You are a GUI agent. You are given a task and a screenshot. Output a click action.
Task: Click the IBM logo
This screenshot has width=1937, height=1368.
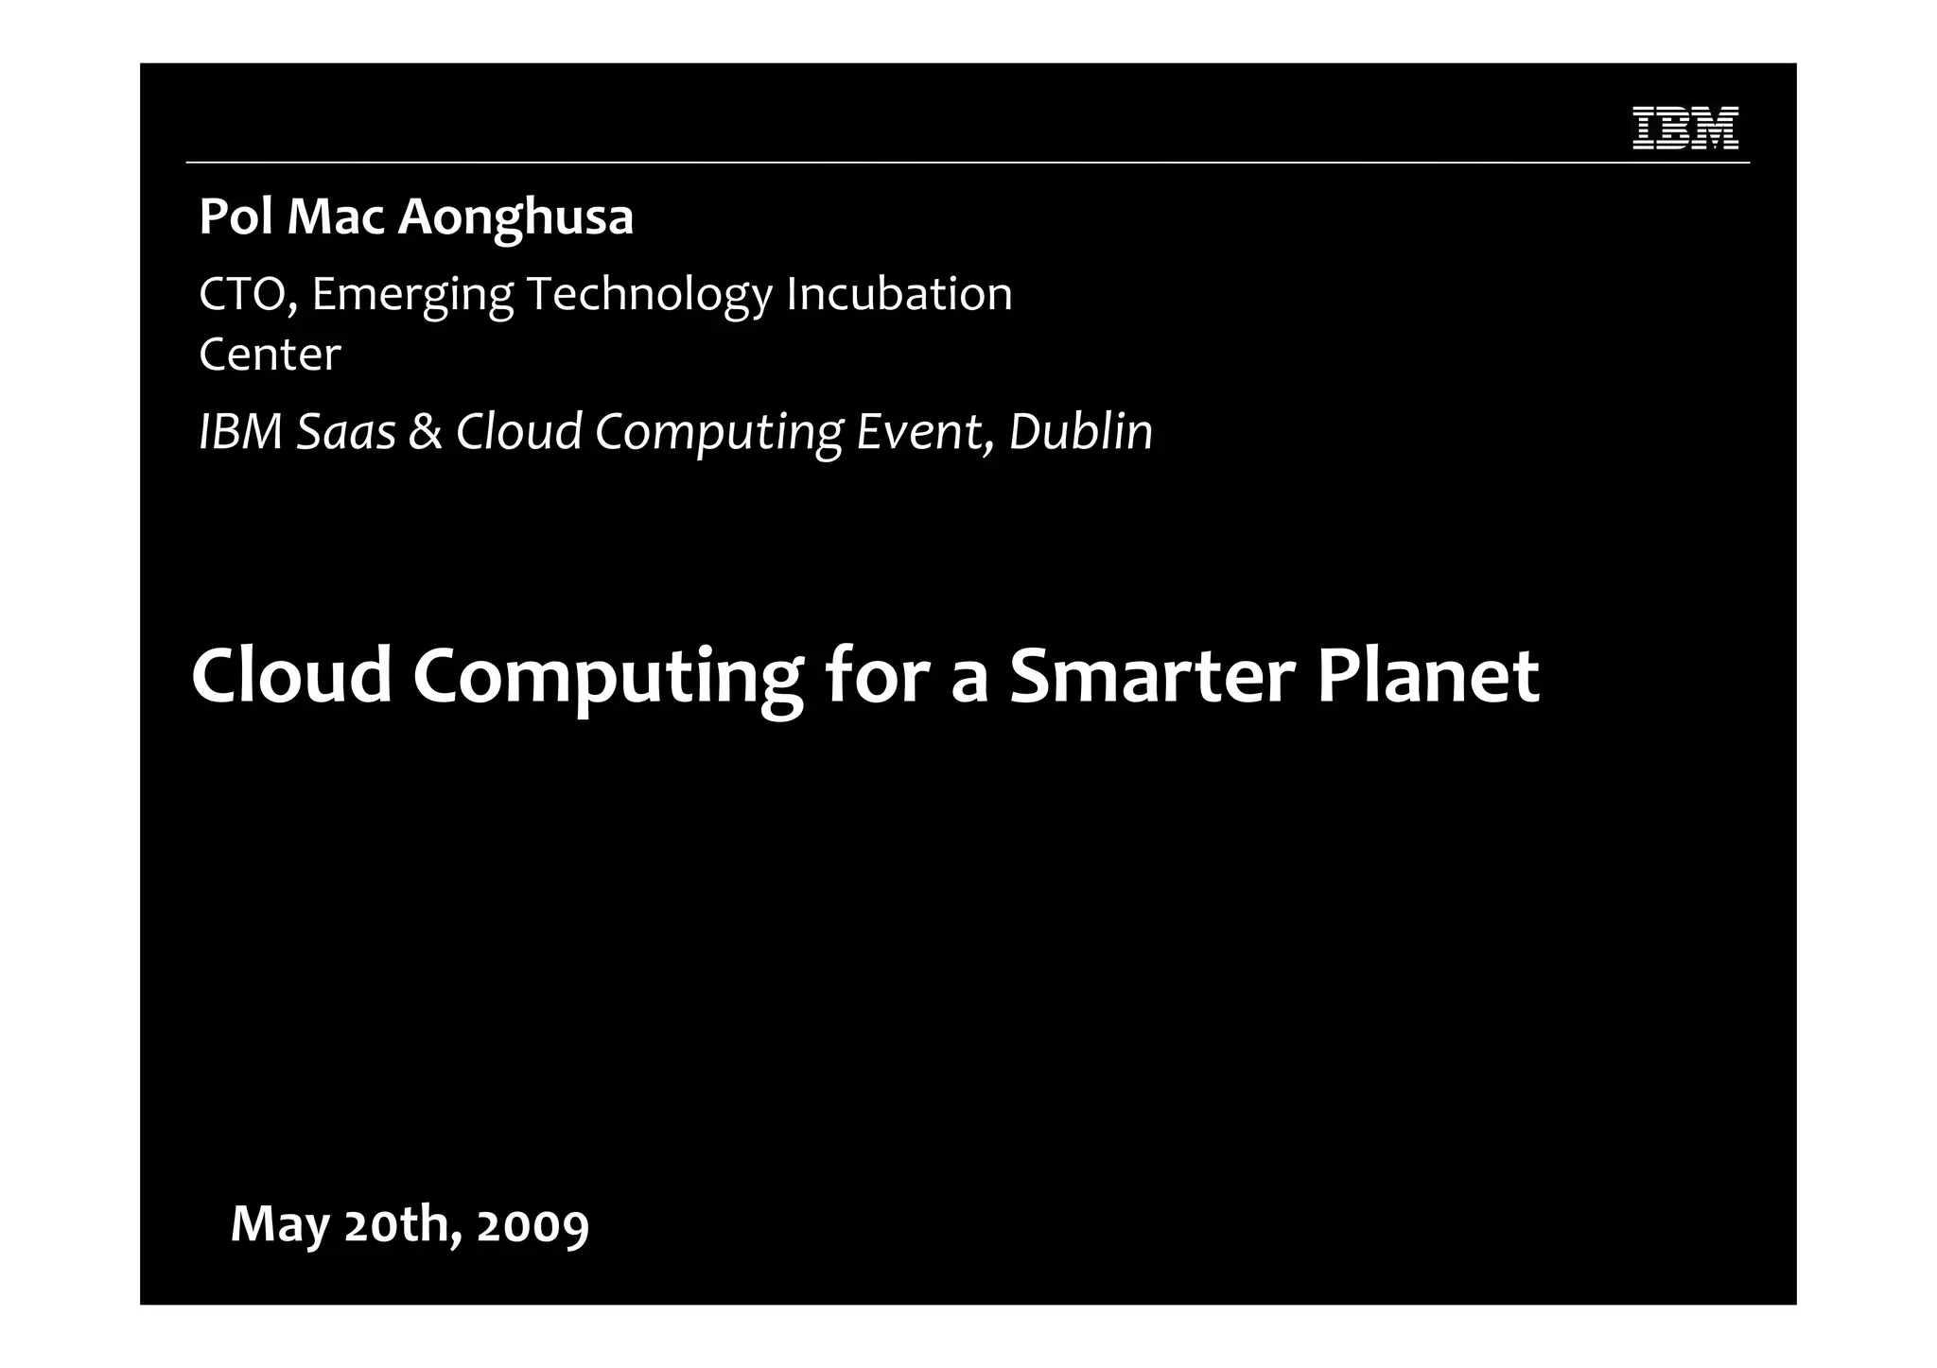coord(1685,128)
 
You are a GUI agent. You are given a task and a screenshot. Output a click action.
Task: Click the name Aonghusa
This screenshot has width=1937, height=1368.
coord(515,218)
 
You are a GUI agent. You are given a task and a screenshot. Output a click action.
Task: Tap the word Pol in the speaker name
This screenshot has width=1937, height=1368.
coord(236,216)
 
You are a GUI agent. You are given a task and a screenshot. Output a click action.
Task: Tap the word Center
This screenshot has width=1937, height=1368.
coord(270,355)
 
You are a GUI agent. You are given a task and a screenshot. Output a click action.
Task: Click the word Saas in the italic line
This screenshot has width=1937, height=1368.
coord(346,432)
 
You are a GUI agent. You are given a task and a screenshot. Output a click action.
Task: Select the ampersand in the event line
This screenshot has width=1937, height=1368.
coord(426,432)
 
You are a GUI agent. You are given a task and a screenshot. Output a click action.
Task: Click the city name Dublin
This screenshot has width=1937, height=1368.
coord(1081,432)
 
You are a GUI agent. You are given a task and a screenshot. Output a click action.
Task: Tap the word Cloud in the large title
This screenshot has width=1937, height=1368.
coord(291,676)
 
